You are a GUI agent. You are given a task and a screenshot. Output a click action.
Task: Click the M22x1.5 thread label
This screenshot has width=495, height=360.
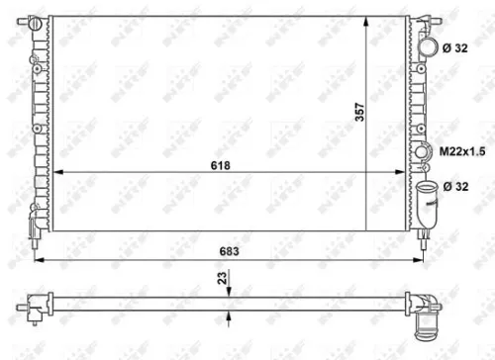click(461, 151)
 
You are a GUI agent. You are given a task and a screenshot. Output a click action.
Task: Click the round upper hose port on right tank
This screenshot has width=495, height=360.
click(427, 46)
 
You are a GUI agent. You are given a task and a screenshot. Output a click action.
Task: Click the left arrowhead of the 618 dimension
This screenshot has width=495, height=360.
click(55, 172)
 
